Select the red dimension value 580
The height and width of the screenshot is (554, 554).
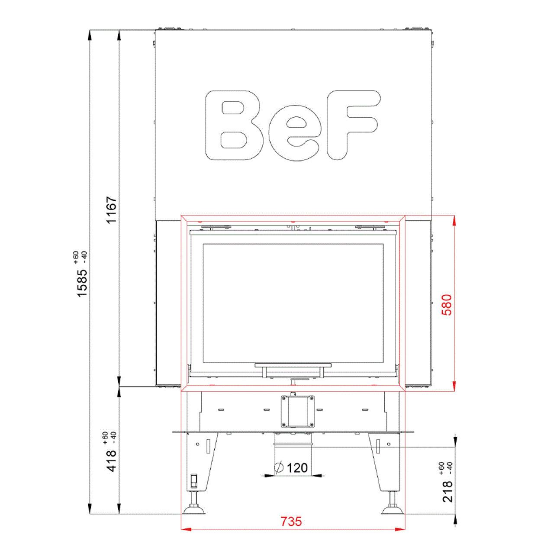tap(448, 305)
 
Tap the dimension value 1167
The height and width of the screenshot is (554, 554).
tap(111, 209)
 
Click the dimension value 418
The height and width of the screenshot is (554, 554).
tap(112, 461)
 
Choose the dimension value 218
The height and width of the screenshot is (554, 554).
tap(448, 499)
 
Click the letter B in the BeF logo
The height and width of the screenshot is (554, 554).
tap(234, 125)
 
